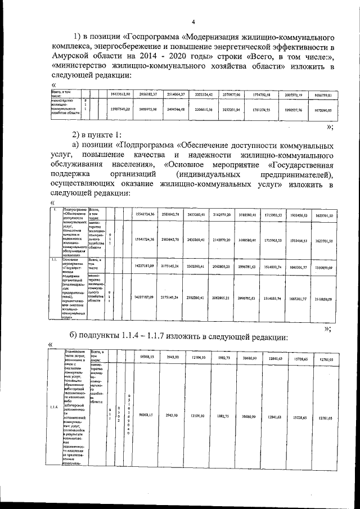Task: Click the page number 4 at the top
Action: pos(192,22)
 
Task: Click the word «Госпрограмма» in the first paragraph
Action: pos(155,37)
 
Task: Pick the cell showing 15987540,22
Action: pos(119,108)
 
